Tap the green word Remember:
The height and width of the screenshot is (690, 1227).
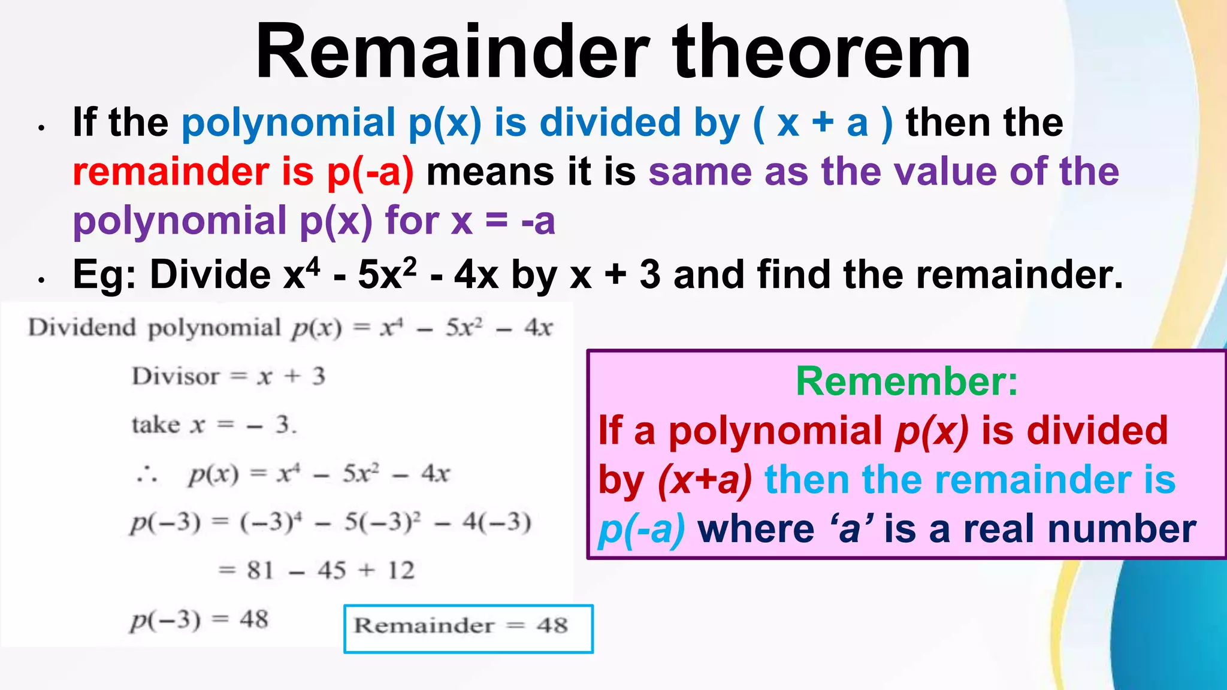[x=906, y=381]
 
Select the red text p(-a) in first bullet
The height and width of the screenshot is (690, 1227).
[x=370, y=172]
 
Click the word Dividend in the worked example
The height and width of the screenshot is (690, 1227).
[x=82, y=328]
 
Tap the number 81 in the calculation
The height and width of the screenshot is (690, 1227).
[x=260, y=570]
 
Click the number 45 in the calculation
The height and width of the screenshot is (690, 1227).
[x=332, y=570]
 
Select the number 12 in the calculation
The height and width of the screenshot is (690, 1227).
[x=401, y=570]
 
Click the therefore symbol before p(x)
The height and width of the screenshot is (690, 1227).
[x=147, y=476]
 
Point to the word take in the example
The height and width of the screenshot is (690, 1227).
[x=155, y=425]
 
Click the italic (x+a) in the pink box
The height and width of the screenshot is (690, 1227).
[x=705, y=480]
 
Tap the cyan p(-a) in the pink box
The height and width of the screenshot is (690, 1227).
[x=642, y=529]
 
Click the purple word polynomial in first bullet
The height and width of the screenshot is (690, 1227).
[x=180, y=220]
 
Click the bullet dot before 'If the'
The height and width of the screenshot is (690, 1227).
[x=41, y=128]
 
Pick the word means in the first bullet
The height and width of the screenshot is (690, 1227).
[x=490, y=172]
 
